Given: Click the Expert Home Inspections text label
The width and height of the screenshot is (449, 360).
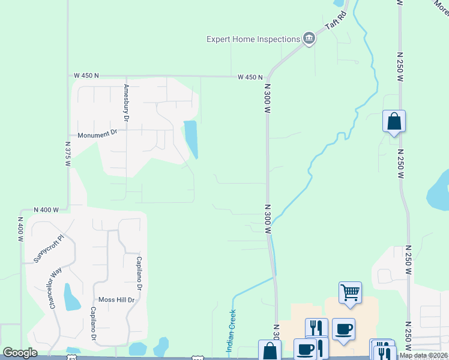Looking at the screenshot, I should (253, 39).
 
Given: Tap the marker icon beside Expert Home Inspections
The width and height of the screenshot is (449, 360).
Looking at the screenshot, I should (309, 39).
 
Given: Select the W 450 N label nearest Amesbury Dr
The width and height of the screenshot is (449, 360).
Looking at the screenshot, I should (86, 76).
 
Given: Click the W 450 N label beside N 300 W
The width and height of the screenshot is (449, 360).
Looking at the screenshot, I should (250, 77).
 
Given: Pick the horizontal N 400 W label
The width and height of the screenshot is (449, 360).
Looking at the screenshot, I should (46, 209).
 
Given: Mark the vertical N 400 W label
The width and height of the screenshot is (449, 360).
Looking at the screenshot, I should (21, 229).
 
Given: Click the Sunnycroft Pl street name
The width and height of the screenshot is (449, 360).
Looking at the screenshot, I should (47, 245).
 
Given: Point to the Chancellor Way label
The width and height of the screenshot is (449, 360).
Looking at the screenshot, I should (56, 287).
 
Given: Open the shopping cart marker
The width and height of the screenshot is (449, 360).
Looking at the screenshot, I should (350, 292).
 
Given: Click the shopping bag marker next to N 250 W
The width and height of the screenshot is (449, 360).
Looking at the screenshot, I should (394, 121).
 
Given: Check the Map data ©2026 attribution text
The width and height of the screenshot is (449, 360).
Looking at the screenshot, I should (424, 355).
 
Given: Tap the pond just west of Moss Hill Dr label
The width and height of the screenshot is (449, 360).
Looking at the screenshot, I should (72, 298).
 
